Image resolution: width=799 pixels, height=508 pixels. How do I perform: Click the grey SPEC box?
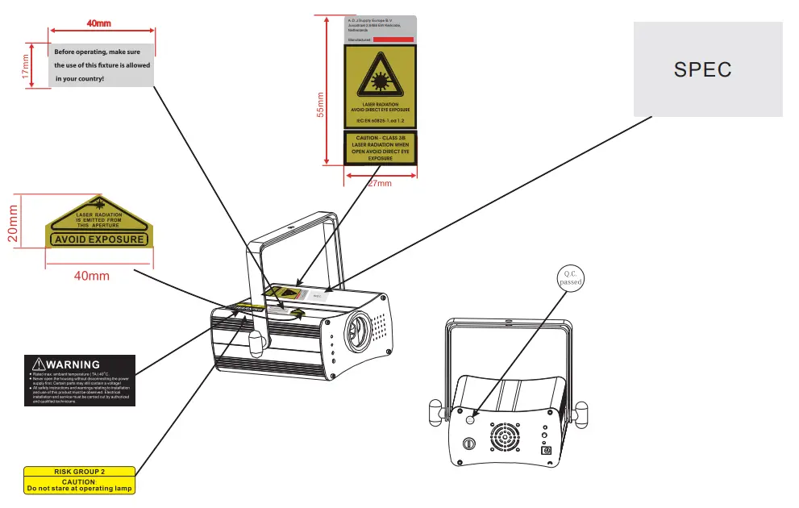coord(707,69)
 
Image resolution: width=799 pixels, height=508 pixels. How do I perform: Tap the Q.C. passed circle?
coord(571,277)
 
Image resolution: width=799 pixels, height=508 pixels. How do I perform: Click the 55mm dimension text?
coord(321,106)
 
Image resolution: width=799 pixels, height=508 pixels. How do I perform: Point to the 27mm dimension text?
coord(379,184)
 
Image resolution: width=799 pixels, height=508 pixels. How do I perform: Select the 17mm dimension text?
coord(26,65)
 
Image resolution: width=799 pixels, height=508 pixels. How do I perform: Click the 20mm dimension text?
coord(13,223)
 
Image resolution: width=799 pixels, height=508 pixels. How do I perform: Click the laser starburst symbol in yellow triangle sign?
coord(380,80)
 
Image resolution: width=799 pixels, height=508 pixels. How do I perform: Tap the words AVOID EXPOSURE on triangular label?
coord(99,239)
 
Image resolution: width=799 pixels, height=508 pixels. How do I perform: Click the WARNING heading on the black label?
coord(73,364)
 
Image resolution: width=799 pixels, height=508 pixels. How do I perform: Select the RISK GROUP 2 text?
coord(79,471)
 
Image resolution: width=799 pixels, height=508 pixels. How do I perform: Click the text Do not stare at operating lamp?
coord(79,489)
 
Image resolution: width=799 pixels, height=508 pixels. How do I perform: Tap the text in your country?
coord(80,78)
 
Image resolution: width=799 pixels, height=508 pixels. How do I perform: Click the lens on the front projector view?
coord(357,331)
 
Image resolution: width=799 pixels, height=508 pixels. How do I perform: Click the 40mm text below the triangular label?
coord(91,276)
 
